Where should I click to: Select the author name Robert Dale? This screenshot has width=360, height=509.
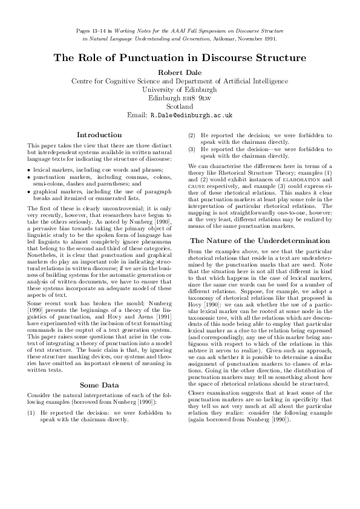click(180, 73)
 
